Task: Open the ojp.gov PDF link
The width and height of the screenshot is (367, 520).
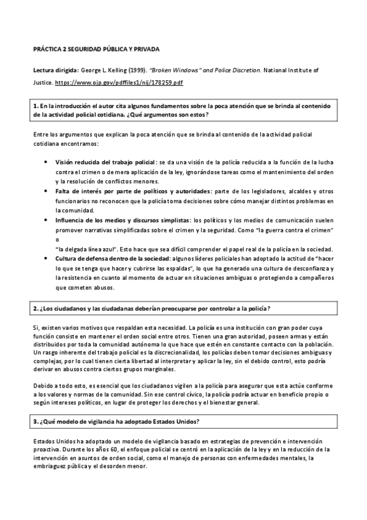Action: (119, 82)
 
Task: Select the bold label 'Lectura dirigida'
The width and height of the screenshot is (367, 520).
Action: (52, 71)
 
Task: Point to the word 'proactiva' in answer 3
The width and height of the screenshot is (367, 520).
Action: (47, 449)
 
